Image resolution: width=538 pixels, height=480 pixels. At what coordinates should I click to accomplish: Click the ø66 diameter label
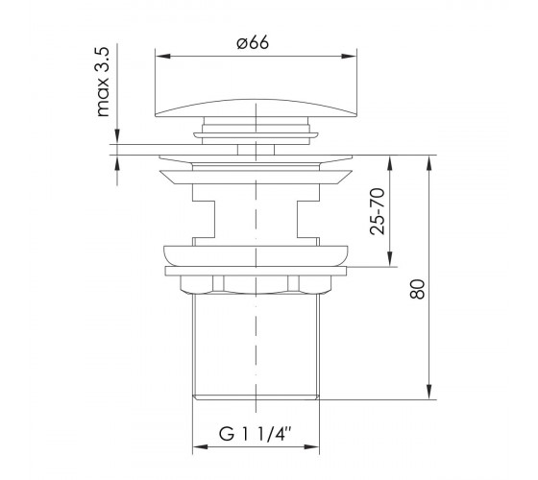pyautogui.click(x=253, y=43)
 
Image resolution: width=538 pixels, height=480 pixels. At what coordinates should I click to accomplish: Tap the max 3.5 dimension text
pyautogui.click(x=103, y=83)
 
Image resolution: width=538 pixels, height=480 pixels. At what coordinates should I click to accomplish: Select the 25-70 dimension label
pyautogui.click(x=378, y=211)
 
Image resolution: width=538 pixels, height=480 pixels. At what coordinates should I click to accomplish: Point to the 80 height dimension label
pyautogui.click(x=418, y=289)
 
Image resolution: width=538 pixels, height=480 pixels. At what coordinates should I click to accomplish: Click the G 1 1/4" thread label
pyautogui.click(x=256, y=434)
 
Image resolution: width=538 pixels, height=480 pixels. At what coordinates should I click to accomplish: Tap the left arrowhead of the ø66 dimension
pyautogui.click(x=162, y=56)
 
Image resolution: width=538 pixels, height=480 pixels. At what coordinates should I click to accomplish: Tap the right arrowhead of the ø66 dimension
pyautogui.click(x=350, y=56)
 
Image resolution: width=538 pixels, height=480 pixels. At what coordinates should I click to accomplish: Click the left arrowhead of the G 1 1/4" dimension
pyautogui.click(x=201, y=447)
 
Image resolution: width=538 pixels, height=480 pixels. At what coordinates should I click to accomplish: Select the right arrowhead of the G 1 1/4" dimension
pyautogui.click(x=312, y=447)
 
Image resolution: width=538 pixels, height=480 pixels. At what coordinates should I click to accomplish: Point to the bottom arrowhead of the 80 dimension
pyautogui.click(x=428, y=392)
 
